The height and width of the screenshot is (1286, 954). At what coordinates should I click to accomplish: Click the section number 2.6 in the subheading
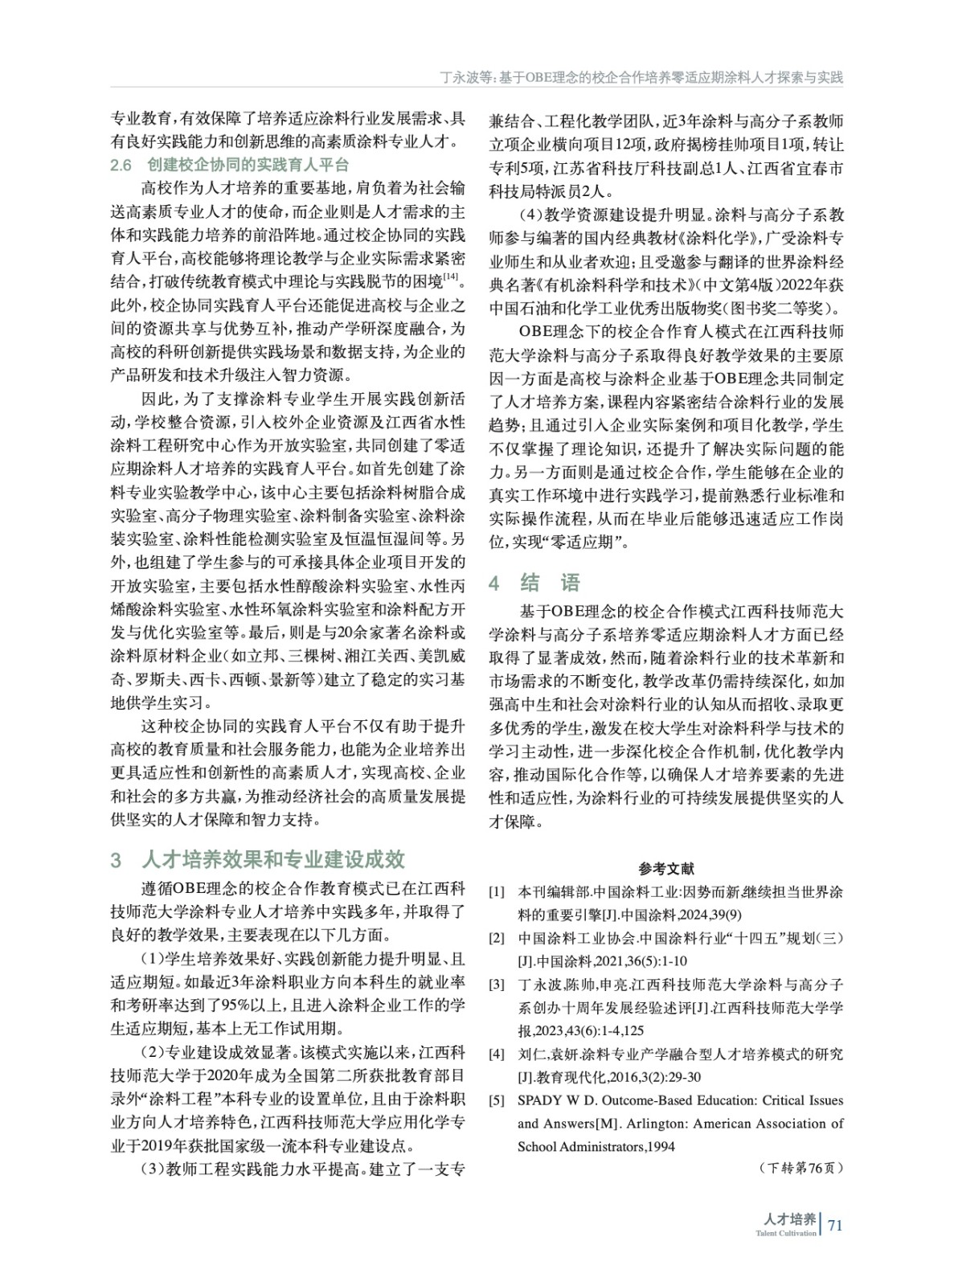pos(121,166)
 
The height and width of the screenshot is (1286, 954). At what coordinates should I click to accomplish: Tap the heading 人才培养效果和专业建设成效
pos(273,859)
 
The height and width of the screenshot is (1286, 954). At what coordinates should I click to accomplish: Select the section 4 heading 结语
pos(551,582)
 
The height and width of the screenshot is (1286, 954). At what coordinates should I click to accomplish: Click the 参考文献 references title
pos(666,868)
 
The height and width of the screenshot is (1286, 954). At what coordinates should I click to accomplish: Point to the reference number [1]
pos(497,892)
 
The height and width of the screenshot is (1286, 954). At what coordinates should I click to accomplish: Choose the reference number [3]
pos(497,984)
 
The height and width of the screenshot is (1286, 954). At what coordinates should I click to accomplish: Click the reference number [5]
pos(497,1100)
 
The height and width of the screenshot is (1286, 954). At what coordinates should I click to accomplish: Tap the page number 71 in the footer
pos(835,1225)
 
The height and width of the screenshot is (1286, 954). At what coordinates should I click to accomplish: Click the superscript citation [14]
pos(452,277)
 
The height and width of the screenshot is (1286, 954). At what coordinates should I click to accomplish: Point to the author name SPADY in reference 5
pos(539,1100)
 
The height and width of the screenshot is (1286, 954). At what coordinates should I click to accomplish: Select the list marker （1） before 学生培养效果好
pos(153,959)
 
